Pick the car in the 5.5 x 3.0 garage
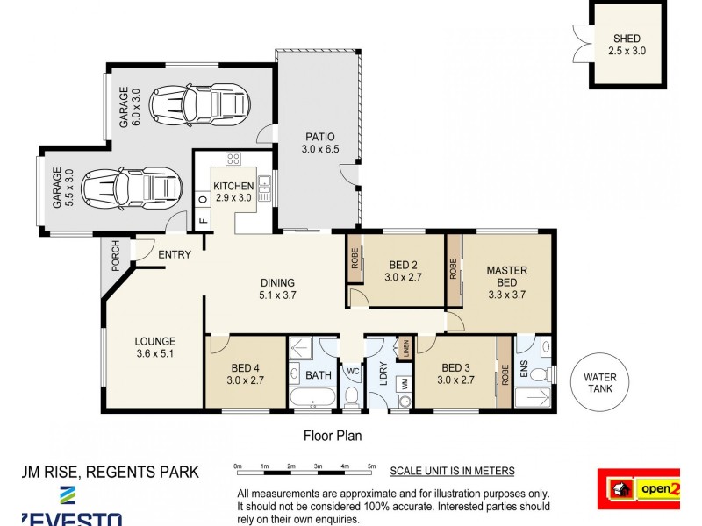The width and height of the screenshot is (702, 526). pyautogui.click(x=130, y=187)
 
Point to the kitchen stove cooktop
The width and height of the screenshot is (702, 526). pyautogui.click(x=233, y=160)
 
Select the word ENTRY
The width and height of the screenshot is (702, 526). pyautogui.click(x=175, y=255)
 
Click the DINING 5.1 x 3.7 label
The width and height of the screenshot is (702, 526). pyautogui.click(x=277, y=289)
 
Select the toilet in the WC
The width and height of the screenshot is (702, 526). pyautogui.click(x=351, y=396)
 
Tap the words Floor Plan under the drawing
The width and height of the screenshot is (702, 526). pyautogui.click(x=333, y=435)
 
